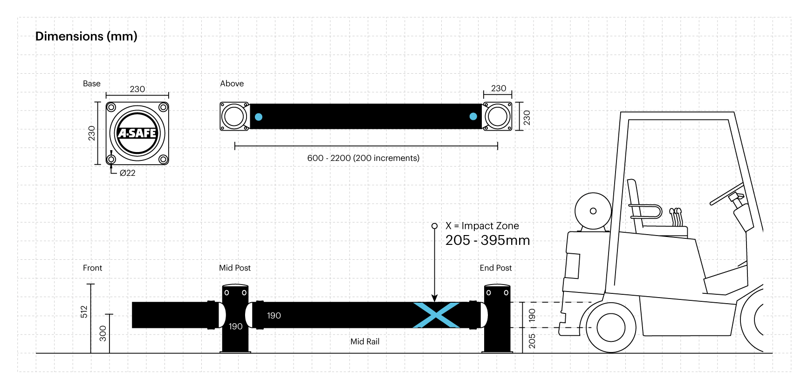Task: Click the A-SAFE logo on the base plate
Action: [x=137, y=133]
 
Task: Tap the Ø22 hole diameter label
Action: [x=127, y=173]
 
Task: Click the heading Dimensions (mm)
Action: [x=86, y=36]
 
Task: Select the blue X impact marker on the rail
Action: [x=436, y=315]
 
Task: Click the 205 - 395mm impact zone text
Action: [x=487, y=240]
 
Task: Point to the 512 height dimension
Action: [x=84, y=312]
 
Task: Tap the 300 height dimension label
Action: [x=103, y=333]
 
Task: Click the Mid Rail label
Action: [x=365, y=341]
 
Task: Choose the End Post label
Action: [x=495, y=268]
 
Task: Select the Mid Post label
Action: [x=235, y=268]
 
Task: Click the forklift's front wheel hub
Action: [x=610, y=327]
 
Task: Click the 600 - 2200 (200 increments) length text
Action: [x=363, y=158]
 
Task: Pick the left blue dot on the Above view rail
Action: [x=259, y=117]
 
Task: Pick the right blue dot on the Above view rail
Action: [x=473, y=117]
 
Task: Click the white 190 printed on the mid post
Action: [x=235, y=326]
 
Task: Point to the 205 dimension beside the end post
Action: [x=532, y=341]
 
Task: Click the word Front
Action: [x=92, y=268]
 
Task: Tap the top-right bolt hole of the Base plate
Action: [x=163, y=107]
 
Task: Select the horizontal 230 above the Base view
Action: [x=137, y=89]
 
